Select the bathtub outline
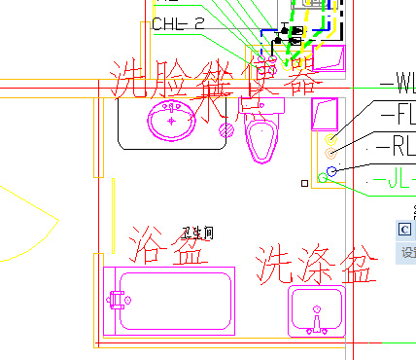[x=169, y=301]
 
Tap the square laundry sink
[x=317, y=309]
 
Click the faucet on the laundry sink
[x=316, y=318]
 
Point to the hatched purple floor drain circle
[x=227, y=128]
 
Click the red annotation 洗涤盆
[x=316, y=264]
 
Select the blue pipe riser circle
[x=331, y=172]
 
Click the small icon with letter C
[x=405, y=229]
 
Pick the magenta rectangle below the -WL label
[x=321, y=116]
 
